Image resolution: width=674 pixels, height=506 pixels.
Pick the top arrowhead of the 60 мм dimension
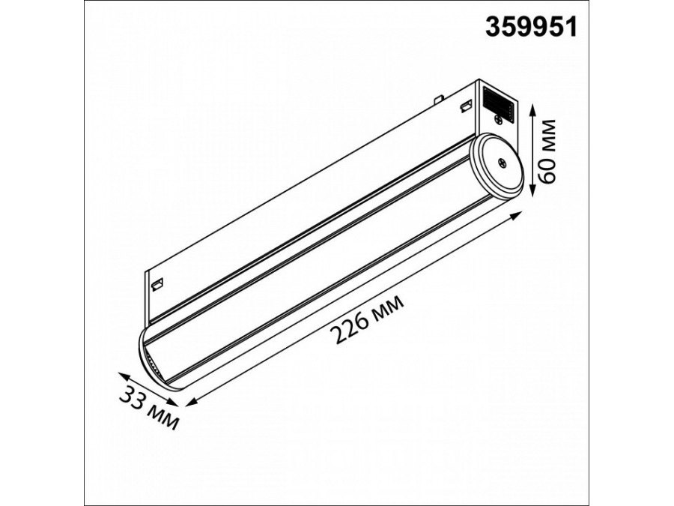pos(532,109)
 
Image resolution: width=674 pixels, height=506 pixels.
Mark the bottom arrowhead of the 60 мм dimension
pos(532,193)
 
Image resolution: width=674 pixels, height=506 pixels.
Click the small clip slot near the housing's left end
pos(157,283)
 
